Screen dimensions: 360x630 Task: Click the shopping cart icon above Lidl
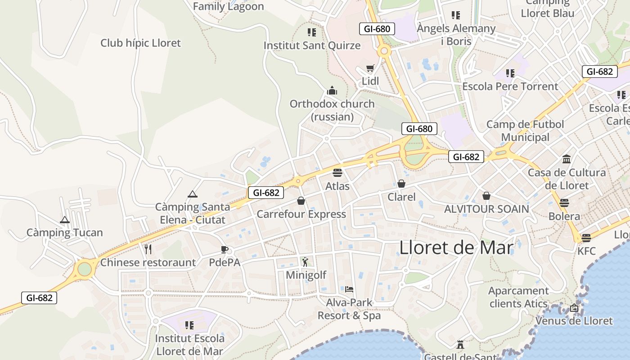pos(370,68)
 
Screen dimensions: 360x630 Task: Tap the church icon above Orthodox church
pos(332,90)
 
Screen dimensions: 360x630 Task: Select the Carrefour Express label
pos(301,214)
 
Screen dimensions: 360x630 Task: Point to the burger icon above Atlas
pos(337,172)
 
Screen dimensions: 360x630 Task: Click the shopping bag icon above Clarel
pos(401,184)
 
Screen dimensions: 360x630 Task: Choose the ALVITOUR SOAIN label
pos(486,209)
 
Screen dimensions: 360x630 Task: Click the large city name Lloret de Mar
pos(456,247)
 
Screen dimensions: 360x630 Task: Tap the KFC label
pos(586,251)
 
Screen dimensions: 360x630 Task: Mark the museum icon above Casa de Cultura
pos(567,159)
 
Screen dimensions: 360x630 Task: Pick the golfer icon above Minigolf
pos(306,261)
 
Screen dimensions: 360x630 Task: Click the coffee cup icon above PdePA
pos(225,249)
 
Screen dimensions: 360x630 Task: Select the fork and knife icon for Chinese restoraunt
pos(148,249)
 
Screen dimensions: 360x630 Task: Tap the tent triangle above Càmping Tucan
pos(65,220)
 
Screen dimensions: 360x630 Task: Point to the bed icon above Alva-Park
pos(349,289)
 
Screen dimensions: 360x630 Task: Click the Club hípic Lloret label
pos(140,43)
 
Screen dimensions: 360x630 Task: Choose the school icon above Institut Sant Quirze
pos(312,32)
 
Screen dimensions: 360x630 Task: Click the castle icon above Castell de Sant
pos(460,345)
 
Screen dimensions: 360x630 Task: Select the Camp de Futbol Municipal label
pos(525,130)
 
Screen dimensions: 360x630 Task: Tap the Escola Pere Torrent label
pos(510,86)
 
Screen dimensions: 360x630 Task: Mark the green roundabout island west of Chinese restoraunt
pos(84,269)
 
